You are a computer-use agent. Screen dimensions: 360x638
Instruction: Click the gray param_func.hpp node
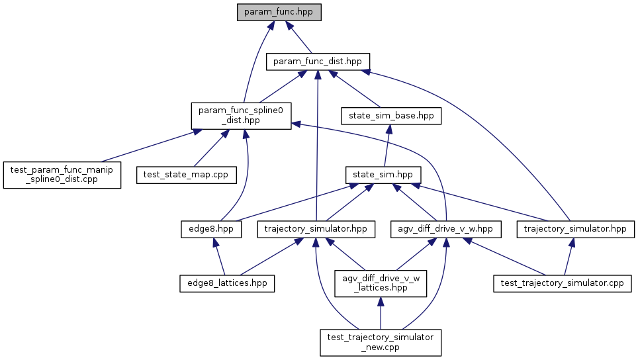[279, 12]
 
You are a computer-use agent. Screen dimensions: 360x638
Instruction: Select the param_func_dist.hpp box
[318, 62]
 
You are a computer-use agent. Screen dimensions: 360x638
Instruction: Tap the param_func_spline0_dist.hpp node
[241, 115]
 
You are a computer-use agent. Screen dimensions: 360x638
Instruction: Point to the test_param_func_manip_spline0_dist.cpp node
[62, 175]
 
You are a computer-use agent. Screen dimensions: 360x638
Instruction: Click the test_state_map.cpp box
[177, 175]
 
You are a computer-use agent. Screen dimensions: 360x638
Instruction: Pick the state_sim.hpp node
[383, 175]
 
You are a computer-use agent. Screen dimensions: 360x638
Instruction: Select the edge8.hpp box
[210, 229]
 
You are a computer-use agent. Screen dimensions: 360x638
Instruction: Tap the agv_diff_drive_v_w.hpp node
[446, 229]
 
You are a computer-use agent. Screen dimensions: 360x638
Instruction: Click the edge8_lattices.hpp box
[227, 283]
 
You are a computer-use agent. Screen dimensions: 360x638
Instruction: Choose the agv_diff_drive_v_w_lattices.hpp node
[381, 283]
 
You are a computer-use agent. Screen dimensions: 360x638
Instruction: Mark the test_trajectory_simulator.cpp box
[563, 283]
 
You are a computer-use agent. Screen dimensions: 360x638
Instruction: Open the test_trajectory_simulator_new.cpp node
[381, 342]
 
